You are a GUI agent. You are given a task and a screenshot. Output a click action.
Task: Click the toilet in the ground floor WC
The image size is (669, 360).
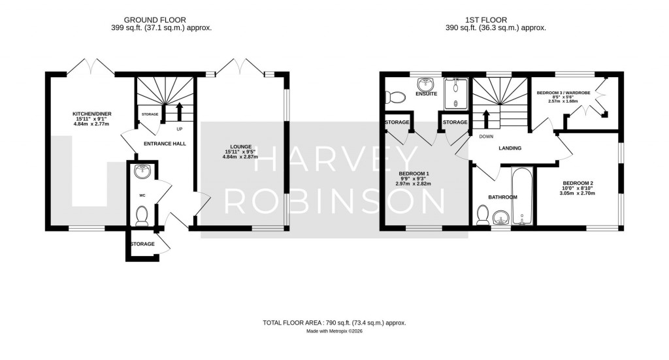[x=142, y=214]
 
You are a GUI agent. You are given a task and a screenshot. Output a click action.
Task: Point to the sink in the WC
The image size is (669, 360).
[x=142, y=172]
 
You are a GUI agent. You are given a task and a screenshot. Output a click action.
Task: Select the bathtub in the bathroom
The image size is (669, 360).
[x=523, y=196]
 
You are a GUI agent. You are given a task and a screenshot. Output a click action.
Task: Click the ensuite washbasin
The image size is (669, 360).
[x=426, y=84]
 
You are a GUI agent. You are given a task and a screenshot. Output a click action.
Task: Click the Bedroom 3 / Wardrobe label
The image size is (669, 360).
[x=563, y=93]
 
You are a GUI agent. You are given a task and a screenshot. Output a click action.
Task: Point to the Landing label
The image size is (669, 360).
[x=510, y=148]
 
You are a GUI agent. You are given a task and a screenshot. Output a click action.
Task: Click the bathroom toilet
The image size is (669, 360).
[x=483, y=214]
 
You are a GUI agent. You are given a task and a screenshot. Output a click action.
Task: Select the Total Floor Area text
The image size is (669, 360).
[x=334, y=323]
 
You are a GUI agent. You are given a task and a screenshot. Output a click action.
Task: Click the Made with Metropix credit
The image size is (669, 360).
[x=334, y=331]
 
